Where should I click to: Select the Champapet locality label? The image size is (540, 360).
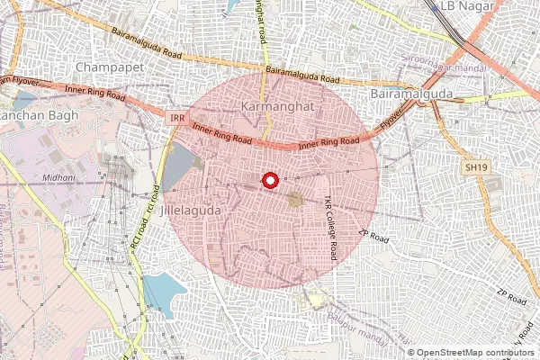[x=107, y=67]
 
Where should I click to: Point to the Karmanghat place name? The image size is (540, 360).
[x=275, y=107]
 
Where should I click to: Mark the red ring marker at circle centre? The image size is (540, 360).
[x=268, y=181]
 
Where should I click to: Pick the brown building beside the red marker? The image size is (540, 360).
[x=294, y=198]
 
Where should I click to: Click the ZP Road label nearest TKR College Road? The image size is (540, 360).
[x=373, y=236]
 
